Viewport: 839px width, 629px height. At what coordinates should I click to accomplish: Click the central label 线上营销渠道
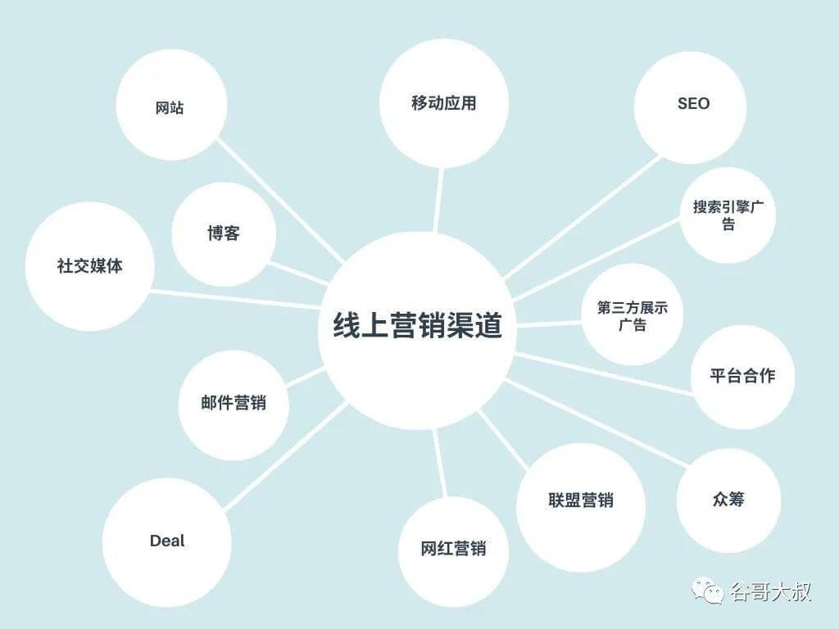pyautogui.click(x=417, y=325)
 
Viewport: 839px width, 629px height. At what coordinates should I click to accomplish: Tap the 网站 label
pyautogui.click(x=170, y=107)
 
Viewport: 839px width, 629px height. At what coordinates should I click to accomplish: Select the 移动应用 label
pyautogui.click(x=443, y=102)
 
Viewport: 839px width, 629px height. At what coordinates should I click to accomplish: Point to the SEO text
pyautogui.click(x=693, y=103)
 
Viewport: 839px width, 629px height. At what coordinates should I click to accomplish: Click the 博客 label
pyautogui.click(x=224, y=233)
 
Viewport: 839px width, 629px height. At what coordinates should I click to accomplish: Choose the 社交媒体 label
pyautogui.click(x=90, y=265)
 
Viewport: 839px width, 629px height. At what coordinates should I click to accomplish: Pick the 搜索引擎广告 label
pyautogui.click(x=728, y=215)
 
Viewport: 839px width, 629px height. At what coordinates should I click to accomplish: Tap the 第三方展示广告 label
pyautogui.click(x=633, y=316)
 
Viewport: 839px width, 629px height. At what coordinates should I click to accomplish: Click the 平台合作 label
pyautogui.click(x=742, y=375)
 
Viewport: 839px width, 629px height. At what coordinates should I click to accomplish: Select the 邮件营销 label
pyautogui.click(x=234, y=402)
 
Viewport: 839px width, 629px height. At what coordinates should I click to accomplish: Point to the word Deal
pyautogui.click(x=167, y=541)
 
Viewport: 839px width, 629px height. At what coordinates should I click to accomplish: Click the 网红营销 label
pyautogui.click(x=453, y=548)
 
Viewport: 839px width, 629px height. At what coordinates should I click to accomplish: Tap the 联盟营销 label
pyautogui.click(x=581, y=500)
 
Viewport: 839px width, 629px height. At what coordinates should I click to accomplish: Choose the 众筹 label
pyautogui.click(x=728, y=499)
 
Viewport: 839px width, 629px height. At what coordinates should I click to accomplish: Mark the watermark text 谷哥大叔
pyautogui.click(x=770, y=591)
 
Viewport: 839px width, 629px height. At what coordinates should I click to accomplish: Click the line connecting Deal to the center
pyautogui.click(x=286, y=456)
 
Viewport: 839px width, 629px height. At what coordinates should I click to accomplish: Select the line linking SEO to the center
pyautogui.click(x=583, y=218)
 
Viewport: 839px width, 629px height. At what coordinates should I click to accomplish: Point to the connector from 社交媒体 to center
pyautogui.click(x=235, y=299)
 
